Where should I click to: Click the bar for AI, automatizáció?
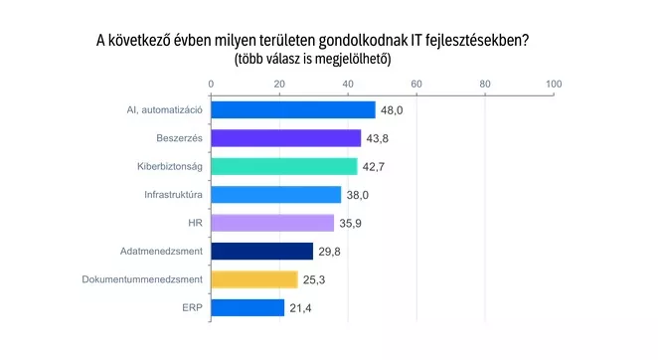293,110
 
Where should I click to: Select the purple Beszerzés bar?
286,138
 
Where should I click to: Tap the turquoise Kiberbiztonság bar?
284,166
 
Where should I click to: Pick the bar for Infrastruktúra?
276,195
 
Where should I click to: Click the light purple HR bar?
272,223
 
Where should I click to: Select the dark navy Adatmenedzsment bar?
261,252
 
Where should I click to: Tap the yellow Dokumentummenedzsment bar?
254,279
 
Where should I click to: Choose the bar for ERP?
247,307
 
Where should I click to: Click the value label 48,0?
392,110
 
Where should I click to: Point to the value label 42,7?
374,167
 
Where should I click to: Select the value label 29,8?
329,252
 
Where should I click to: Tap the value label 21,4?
300,308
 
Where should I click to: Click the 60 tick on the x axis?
416,84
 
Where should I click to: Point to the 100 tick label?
554,84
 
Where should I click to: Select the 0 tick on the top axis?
211,84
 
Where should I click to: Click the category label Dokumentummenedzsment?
142,279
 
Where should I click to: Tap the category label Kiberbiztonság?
170,166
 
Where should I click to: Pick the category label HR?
196,223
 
